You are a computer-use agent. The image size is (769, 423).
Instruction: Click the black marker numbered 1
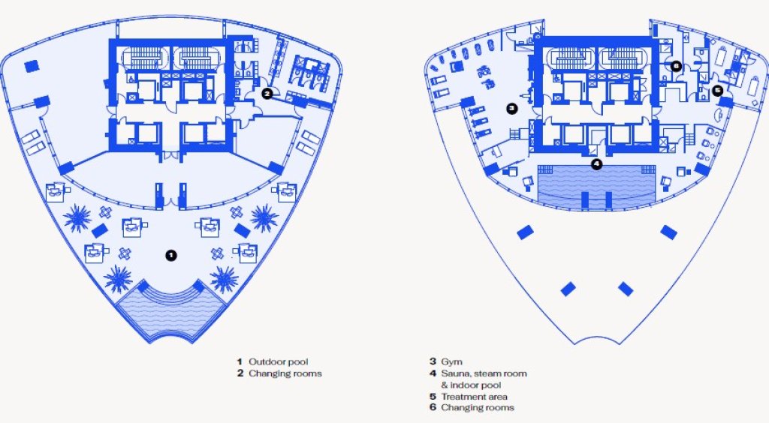[170, 255]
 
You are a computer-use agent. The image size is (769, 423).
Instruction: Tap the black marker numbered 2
[267, 93]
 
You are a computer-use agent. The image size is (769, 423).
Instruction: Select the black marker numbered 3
[512, 108]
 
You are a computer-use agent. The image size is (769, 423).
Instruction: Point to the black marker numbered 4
[596, 164]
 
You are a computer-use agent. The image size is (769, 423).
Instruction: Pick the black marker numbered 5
[717, 90]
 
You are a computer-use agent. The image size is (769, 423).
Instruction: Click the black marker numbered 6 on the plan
[676, 65]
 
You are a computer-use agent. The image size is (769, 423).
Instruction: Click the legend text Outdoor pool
[279, 361]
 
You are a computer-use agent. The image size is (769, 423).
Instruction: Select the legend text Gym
[451, 362]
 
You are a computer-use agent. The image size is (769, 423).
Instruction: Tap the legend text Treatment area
[475, 397]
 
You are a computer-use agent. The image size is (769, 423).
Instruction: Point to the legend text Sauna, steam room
[484, 373]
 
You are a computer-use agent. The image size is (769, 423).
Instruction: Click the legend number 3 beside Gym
[433, 361]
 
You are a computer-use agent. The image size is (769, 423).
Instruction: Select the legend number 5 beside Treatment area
[433, 397]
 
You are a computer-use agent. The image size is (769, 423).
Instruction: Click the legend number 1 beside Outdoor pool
[240, 361]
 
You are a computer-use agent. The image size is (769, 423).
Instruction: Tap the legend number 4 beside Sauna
[433, 373]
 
